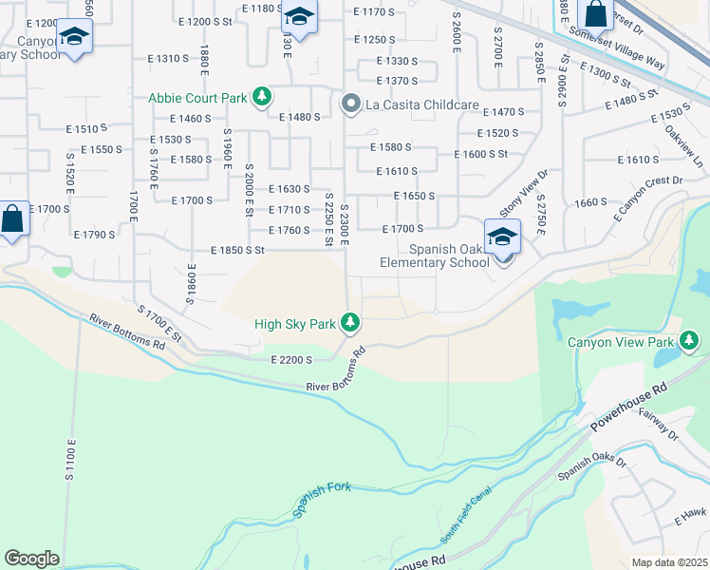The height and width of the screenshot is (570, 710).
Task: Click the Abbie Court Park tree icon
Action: tap(262, 98)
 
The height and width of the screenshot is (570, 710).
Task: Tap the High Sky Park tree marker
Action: tap(350, 324)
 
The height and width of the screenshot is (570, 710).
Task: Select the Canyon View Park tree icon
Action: tap(689, 342)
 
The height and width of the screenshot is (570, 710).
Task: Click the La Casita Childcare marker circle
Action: tap(350, 104)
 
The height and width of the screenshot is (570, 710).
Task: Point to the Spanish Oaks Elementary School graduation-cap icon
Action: tap(502, 237)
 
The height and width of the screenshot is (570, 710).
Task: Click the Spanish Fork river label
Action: tap(322, 499)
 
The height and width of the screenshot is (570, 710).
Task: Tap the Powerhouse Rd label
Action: tap(628, 405)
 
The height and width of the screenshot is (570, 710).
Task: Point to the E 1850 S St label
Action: tap(236, 251)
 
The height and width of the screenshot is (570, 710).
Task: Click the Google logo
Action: tap(31, 559)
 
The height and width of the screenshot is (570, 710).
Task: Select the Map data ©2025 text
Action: tap(668, 562)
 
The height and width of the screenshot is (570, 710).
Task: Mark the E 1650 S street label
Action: tap(415, 197)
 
